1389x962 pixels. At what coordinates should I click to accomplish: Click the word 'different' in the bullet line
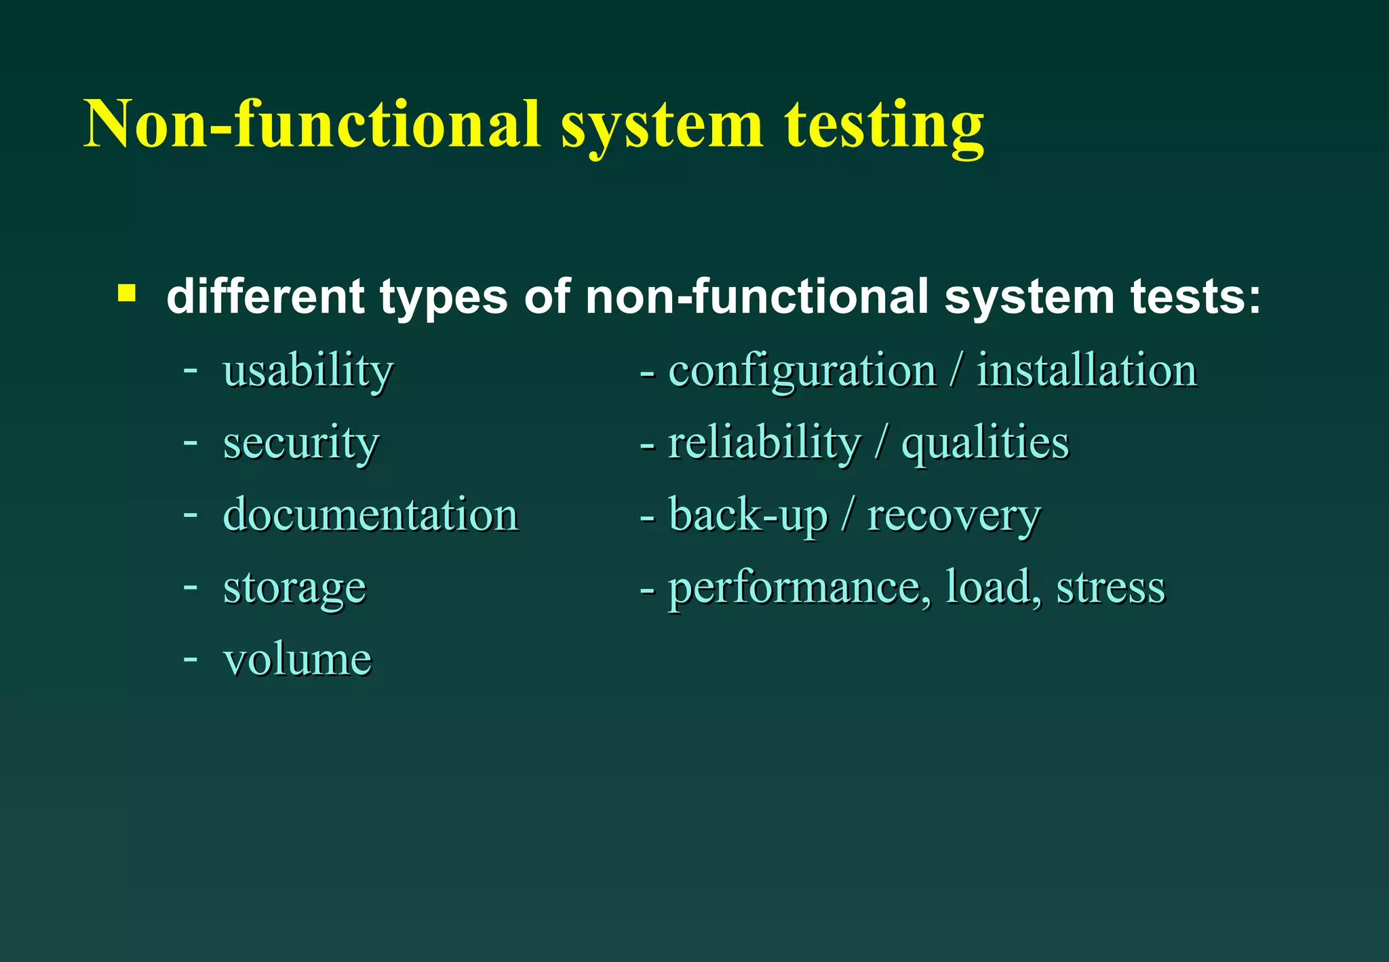265,296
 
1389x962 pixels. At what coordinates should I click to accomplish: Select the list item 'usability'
308,371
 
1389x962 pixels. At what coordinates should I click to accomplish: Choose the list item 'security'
300,443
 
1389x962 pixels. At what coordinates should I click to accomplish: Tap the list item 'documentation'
370,514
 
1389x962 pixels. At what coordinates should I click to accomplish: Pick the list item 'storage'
294,588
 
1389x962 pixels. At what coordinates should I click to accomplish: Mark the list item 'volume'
297,659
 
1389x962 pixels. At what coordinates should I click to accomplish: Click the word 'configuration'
802,371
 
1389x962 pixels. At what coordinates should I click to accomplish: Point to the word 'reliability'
764,443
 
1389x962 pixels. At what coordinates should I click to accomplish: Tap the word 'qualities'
985,443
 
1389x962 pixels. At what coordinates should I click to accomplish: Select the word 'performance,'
800,588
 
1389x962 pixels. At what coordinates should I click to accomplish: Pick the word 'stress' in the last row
1110,588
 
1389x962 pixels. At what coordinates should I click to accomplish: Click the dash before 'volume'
191,659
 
